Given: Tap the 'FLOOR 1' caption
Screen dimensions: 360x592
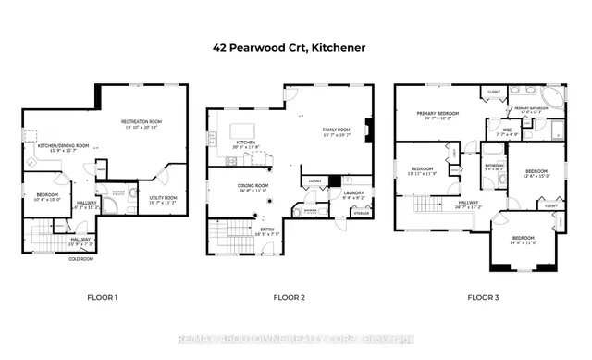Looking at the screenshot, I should click(102, 297).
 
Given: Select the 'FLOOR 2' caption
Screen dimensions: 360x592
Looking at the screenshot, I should click(289, 297).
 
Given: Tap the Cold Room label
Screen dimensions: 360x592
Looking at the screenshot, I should click(81, 259).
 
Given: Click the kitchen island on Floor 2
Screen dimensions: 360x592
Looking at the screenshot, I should click(242, 129).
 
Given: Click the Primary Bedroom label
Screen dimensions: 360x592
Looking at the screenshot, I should click(438, 115).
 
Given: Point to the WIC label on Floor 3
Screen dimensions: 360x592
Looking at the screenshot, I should click(506, 132).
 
